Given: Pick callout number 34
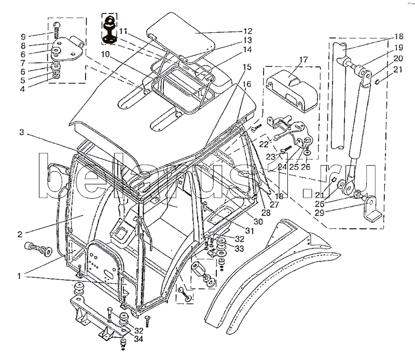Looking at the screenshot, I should (137, 340).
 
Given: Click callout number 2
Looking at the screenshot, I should (19, 234).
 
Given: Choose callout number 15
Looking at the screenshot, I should (246, 66).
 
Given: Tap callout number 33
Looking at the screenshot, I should (240, 249).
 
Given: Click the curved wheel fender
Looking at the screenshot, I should (270, 275).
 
